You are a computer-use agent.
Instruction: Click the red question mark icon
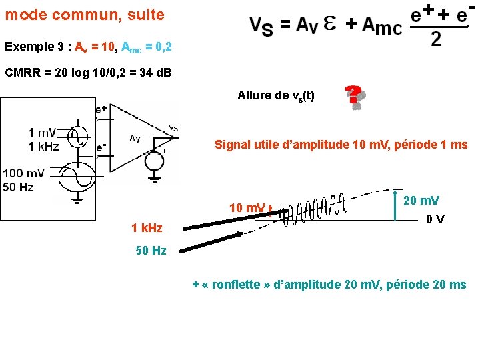(355, 97)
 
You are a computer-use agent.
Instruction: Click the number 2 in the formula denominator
(435, 39)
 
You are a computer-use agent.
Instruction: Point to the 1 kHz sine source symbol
(77, 137)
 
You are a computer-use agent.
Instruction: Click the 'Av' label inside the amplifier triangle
(134, 139)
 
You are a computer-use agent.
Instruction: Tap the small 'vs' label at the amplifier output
(173, 127)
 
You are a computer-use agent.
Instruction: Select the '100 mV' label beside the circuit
(24, 173)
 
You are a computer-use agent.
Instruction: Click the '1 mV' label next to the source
(42, 133)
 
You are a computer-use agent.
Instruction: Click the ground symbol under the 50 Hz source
(78, 199)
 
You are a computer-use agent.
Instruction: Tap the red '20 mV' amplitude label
(421, 200)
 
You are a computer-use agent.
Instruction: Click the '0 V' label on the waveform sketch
(436, 219)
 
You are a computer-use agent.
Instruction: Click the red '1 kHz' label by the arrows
(147, 228)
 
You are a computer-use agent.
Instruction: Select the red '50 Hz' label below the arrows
(151, 251)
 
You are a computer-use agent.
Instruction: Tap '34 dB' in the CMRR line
(153, 72)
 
